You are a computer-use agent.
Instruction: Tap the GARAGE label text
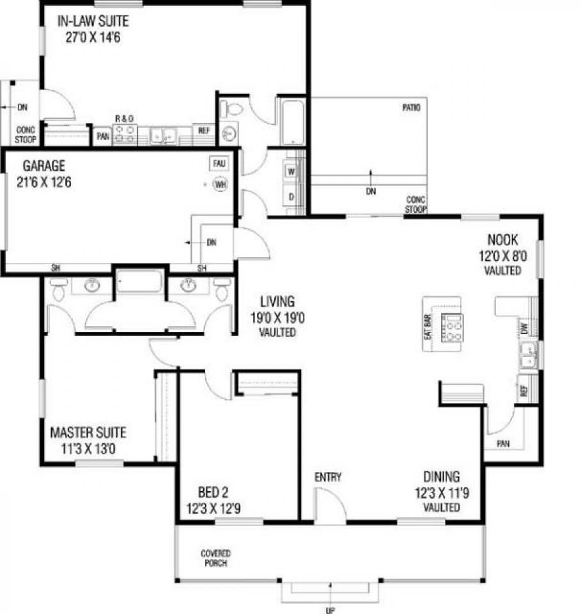point(44,168)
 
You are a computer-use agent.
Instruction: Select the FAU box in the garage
point(219,164)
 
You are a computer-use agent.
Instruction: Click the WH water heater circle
point(221,185)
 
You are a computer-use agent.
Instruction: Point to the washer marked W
point(291,172)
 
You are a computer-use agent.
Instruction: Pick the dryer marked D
point(291,197)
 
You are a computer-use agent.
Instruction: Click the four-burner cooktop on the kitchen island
point(453,329)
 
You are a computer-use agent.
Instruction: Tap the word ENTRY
point(328,476)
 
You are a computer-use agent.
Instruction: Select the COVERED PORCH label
point(215,558)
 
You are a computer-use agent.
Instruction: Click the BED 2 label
point(213,492)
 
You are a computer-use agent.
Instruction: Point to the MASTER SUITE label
point(88,432)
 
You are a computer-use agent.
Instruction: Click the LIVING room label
point(277,301)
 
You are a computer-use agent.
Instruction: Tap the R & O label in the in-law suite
point(124,119)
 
